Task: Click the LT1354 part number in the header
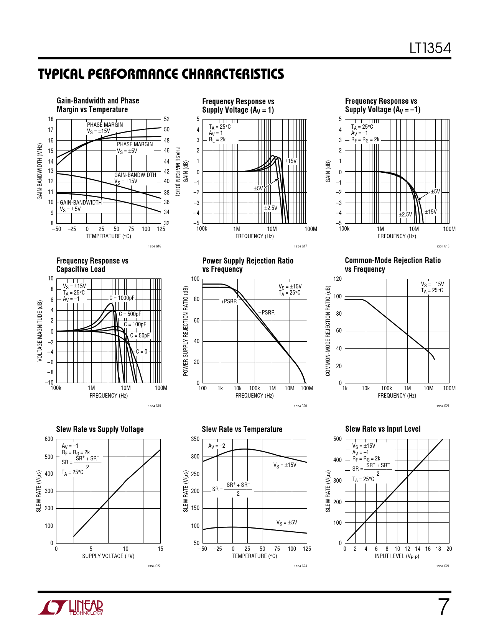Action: click(430, 48)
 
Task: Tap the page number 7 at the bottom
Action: click(443, 607)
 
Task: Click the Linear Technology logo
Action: click(71, 607)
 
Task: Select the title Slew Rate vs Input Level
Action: click(383, 429)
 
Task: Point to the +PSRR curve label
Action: click(229, 301)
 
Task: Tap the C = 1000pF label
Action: click(122, 298)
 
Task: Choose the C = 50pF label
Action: click(140, 336)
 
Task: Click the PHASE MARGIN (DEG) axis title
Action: click(178, 171)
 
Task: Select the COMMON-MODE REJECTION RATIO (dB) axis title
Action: click(328, 331)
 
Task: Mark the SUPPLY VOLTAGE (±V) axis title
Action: click(108, 556)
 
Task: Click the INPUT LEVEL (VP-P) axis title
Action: click(397, 556)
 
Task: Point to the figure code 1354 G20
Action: click(300, 406)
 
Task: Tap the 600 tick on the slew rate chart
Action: click(49, 439)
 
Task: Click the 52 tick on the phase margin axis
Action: click(166, 119)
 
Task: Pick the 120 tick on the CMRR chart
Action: click(338, 278)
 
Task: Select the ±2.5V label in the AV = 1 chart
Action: click(271, 208)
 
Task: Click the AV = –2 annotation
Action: click(217, 446)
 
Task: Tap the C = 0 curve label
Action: click(142, 352)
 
